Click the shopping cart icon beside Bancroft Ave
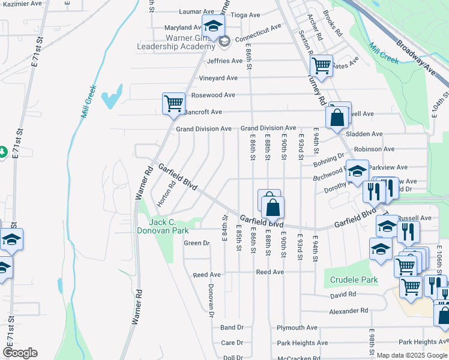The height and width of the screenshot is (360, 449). (x=173, y=103)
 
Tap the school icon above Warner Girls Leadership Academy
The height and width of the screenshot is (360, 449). (x=212, y=26)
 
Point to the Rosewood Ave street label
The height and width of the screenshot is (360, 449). (x=212, y=95)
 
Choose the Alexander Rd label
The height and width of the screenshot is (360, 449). (x=348, y=311)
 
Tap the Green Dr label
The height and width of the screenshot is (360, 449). (x=196, y=243)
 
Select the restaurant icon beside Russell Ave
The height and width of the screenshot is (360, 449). (x=408, y=230)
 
